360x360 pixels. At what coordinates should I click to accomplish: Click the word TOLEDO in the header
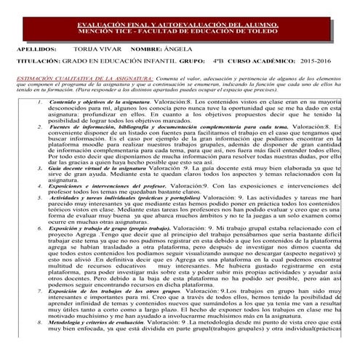click(x=266, y=33)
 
